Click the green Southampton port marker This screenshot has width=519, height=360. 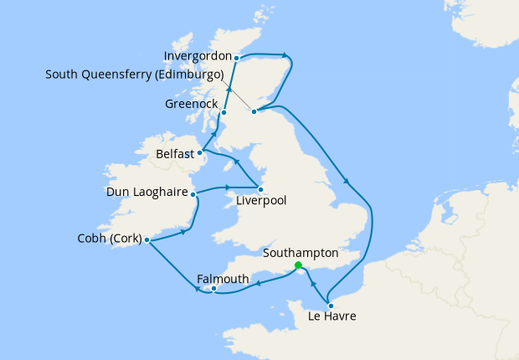coord(299,265)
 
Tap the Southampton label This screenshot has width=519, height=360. coord(301,252)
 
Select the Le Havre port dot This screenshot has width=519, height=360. coord(331,306)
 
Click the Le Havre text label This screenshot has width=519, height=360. coord(332,316)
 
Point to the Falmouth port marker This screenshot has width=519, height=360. coord(215,290)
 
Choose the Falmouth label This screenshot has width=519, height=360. coord(223,278)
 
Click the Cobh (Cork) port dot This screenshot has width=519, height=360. coord(147,240)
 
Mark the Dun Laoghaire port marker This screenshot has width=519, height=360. coord(193,194)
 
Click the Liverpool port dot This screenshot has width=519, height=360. coord(260,188)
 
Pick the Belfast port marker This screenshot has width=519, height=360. coord(200,152)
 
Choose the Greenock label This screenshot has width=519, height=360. coord(190,105)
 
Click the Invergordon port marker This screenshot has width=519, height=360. coord(237,58)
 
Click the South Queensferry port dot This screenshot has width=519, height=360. coord(254,110)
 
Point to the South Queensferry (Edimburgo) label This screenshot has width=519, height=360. coord(135,74)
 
